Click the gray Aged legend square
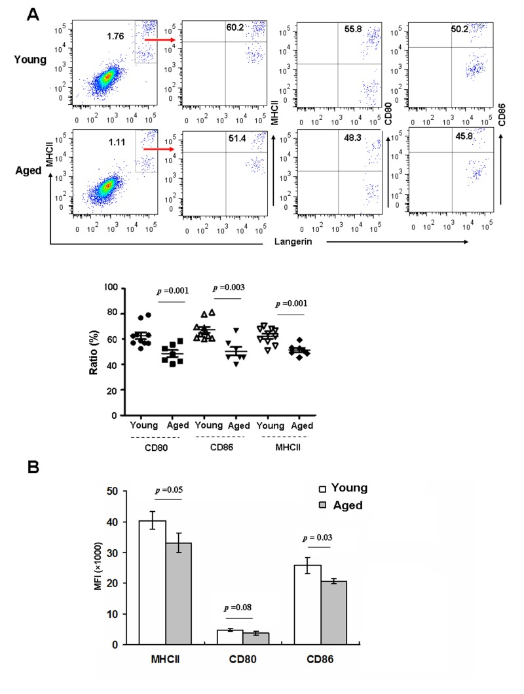click(x=322, y=506)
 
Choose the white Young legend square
click(x=322, y=489)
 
